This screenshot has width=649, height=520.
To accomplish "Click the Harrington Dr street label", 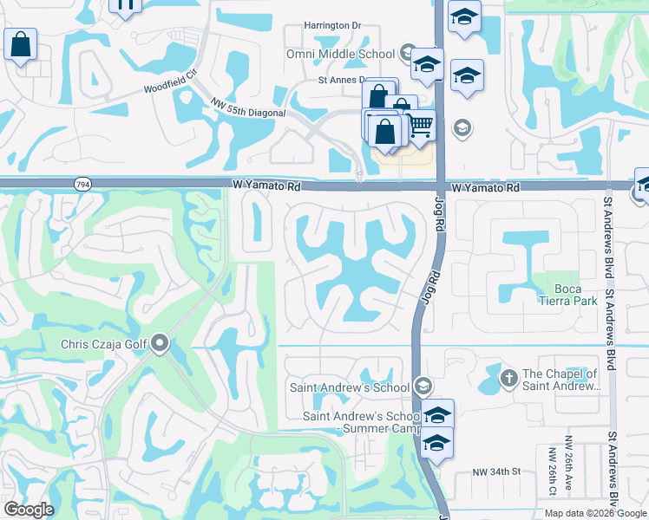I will (x=332, y=25).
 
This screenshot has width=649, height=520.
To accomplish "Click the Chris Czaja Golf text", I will (x=103, y=345).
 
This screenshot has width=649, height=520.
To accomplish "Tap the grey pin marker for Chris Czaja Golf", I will (x=160, y=344).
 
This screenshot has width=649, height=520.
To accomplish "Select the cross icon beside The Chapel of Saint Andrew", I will (x=509, y=378).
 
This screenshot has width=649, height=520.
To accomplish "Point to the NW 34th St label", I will (x=495, y=472).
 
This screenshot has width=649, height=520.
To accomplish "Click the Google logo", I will (x=29, y=510).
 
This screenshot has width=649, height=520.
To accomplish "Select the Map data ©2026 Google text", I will (x=596, y=513).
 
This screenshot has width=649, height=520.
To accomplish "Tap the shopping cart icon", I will (x=420, y=127).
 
